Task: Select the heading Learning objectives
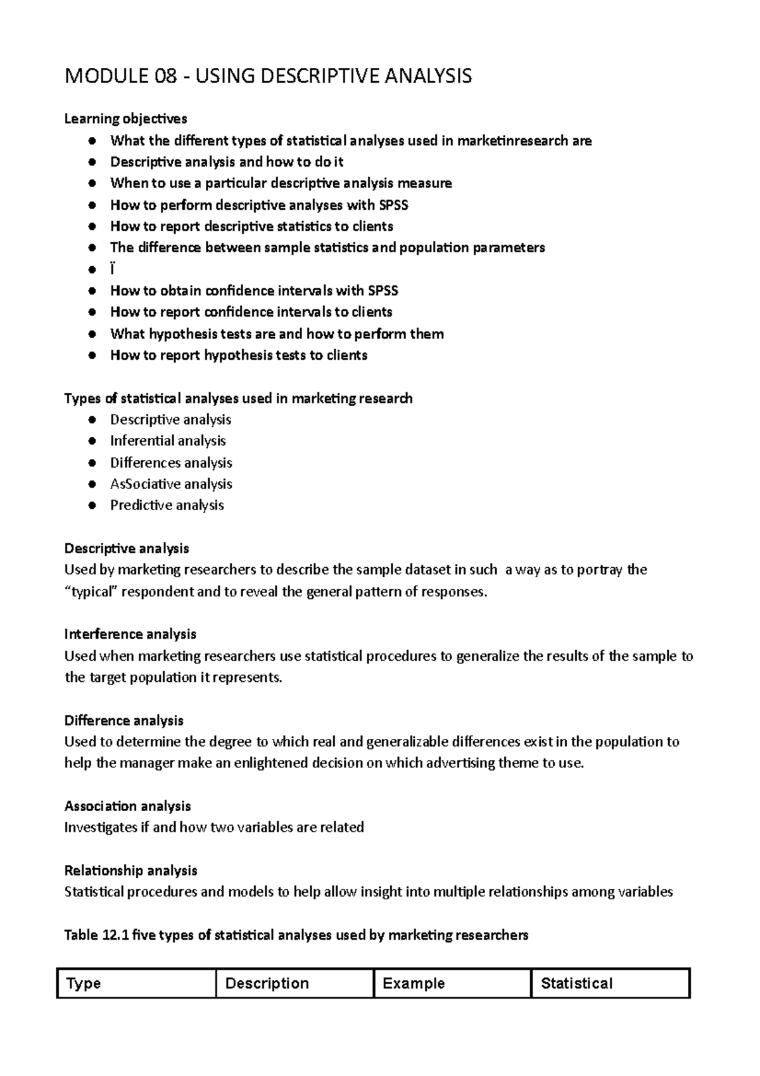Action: [x=125, y=118]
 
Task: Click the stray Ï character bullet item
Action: [x=113, y=269]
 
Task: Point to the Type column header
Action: [x=84, y=983]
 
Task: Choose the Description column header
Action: [x=267, y=983]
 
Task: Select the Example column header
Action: [x=414, y=983]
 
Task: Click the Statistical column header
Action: [x=576, y=983]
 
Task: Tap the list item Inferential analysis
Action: [x=168, y=440]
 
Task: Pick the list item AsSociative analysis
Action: [x=171, y=484]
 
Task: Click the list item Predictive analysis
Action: [x=167, y=505]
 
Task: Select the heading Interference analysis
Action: [x=130, y=634]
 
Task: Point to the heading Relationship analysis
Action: [x=131, y=870]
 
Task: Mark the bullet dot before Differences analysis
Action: [x=92, y=463]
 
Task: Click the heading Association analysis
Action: [x=127, y=806]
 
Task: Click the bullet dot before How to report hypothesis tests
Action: [x=92, y=355]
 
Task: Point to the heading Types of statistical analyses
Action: [x=238, y=398]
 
